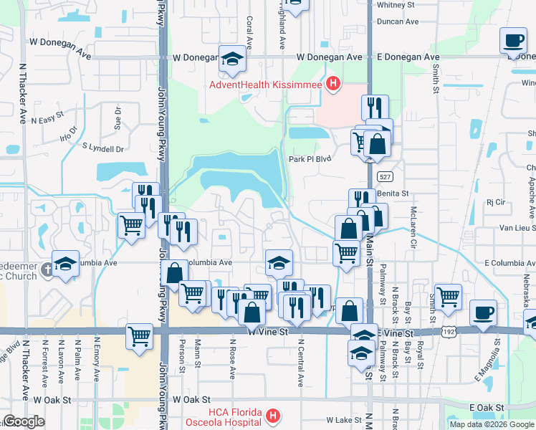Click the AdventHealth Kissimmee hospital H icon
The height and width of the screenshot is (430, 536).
(x=332, y=85)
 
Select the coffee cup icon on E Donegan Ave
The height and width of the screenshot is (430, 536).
(x=513, y=41)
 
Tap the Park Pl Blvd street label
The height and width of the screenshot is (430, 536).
(x=310, y=158)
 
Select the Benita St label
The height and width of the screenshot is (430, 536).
(x=394, y=193)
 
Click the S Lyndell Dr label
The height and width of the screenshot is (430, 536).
(x=103, y=148)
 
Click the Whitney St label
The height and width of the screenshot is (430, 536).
(x=391, y=4)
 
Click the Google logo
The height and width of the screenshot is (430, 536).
(x=24, y=421)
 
